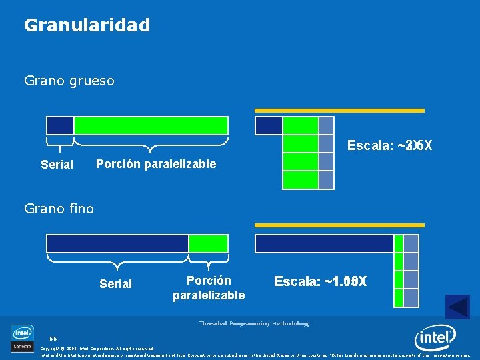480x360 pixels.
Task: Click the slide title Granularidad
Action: (x=87, y=25)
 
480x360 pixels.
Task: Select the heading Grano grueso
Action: (x=69, y=81)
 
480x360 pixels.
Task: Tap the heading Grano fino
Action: (x=59, y=209)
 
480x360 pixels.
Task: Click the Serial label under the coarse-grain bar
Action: (x=57, y=165)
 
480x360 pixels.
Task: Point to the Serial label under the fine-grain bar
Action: (x=115, y=284)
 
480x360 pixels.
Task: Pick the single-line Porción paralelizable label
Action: (x=156, y=164)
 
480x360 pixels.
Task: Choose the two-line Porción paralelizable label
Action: (x=209, y=288)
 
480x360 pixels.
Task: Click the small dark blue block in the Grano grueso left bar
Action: (x=60, y=125)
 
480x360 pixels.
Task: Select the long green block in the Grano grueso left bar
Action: (x=151, y=125)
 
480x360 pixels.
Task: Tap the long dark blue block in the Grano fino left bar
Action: (x=117, y=243)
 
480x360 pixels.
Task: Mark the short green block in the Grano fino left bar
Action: (x=208, y=243)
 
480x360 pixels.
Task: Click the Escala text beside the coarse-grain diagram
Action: (x=389, y=145)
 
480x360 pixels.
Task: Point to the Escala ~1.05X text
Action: (x=320, y=282)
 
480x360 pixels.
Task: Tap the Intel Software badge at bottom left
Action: (x=22, y=338)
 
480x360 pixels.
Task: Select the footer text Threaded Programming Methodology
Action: (x=254, y=323)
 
